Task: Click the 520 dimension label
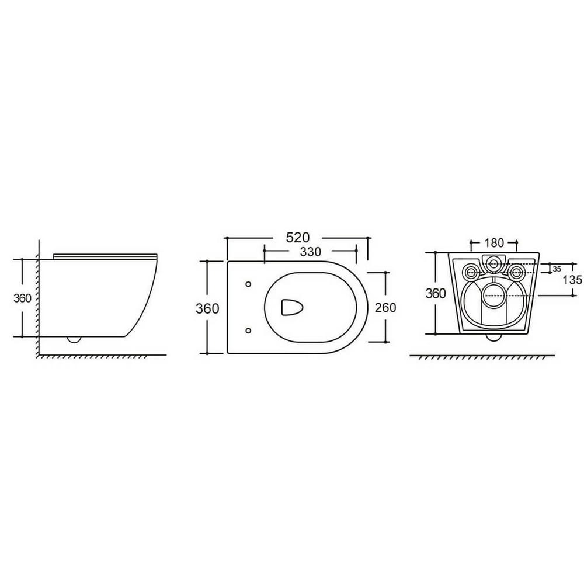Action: (298, 237)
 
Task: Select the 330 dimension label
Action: (310, 252)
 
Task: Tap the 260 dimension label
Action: (385, 308)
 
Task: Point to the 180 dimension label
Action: (494, 243)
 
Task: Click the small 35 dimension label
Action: (557, 269)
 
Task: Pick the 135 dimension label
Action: (572, 279)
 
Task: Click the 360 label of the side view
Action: (22, 298)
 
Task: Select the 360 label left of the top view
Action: (207, 308)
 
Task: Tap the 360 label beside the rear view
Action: (436, 294)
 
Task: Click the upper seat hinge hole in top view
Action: (248, 284)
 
